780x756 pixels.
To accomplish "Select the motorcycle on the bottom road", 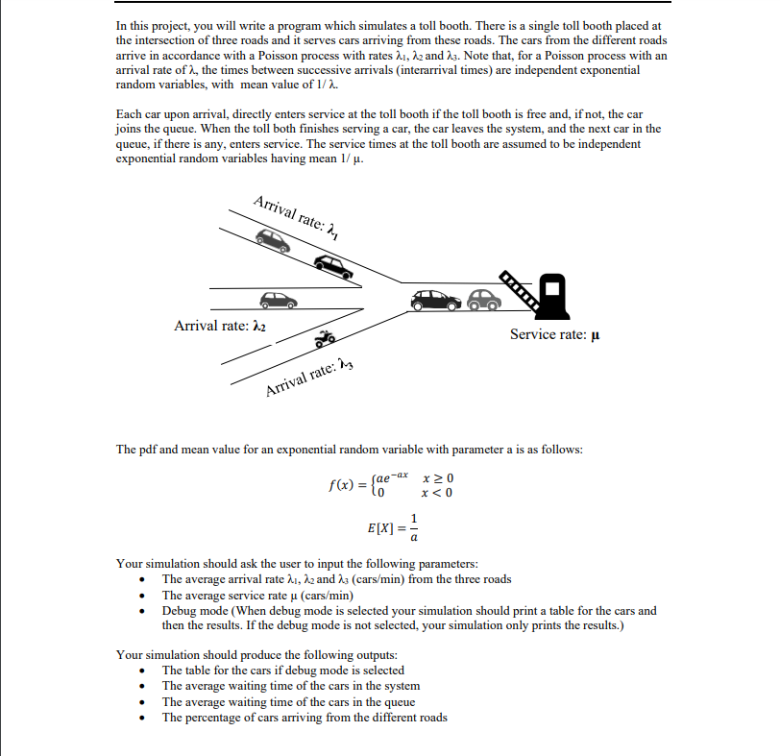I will coord(325,339).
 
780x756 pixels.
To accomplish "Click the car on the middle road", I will coord(279,300).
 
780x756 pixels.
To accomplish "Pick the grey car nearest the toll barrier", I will coord(483,301).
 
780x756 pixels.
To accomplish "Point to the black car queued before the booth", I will coord(435,301).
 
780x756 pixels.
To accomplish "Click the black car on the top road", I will coord(333,266).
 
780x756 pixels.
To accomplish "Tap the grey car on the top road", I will coord(274,240).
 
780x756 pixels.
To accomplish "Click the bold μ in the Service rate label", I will coord(597,334).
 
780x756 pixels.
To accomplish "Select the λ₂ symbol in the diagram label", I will coord(258,327).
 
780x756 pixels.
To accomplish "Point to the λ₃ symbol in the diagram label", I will coord(350,362).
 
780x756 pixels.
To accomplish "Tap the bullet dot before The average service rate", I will coord(142,596).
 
